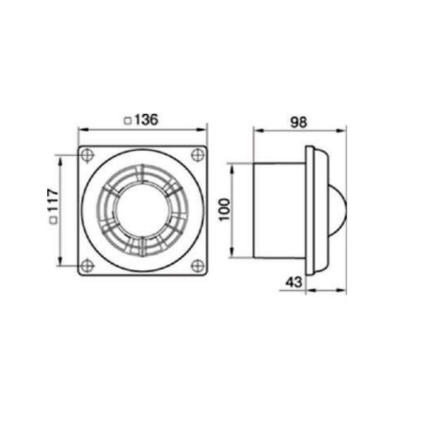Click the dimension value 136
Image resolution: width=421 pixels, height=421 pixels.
146,120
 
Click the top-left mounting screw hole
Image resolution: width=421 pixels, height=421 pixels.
86,154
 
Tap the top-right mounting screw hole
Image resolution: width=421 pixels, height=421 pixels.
198,154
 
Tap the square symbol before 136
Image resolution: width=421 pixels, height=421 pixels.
126,121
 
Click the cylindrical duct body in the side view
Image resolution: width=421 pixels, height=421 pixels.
278,210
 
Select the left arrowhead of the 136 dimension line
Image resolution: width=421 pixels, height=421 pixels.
81,130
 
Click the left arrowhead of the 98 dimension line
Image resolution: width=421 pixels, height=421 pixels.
256,130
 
